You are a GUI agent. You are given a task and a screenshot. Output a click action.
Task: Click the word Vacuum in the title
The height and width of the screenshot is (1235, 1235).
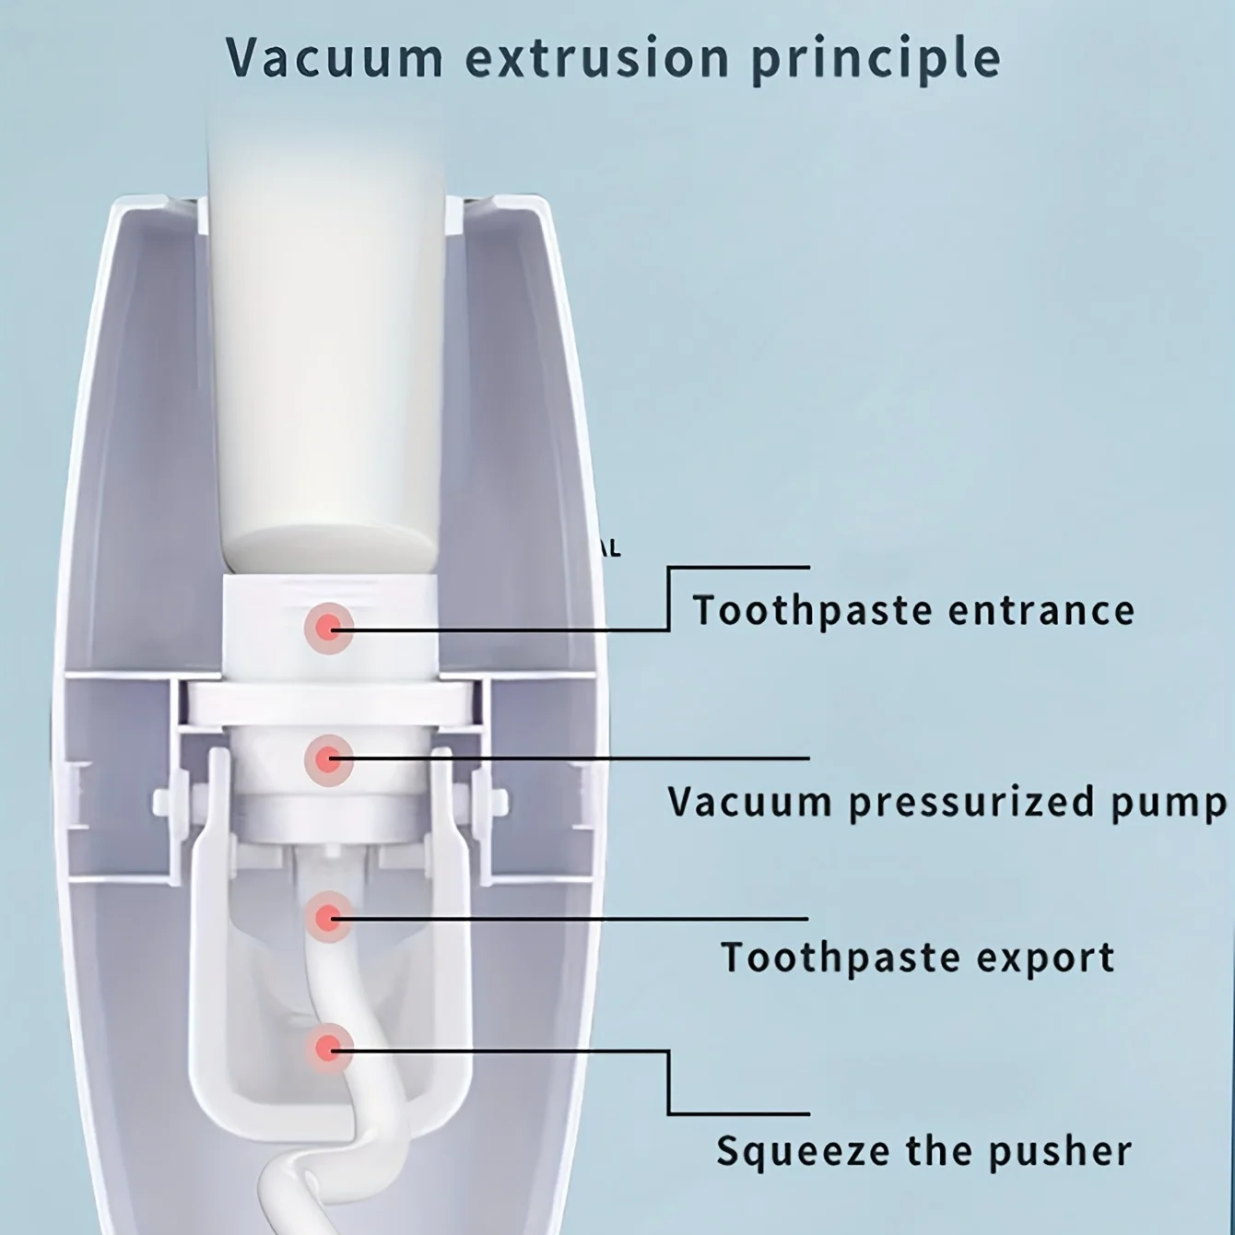coord(335,57)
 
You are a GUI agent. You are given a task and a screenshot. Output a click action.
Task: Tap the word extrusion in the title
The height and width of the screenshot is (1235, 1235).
coord(597,57)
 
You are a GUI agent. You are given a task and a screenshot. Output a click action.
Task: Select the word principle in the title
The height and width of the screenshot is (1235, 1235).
coord(876,59)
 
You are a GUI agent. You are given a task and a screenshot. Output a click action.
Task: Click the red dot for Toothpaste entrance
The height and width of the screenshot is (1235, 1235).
coord(329,628)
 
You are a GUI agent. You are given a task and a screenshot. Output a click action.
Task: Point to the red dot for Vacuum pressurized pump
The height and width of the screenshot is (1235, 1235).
coord(328,760)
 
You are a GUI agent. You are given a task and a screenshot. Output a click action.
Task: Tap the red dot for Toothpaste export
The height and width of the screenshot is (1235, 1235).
coord(328,917)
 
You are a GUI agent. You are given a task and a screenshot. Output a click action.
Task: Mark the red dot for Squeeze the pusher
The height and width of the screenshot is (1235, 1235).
coord(328,1048)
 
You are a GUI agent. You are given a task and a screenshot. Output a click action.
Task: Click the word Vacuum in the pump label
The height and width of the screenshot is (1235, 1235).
coord(750,802)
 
